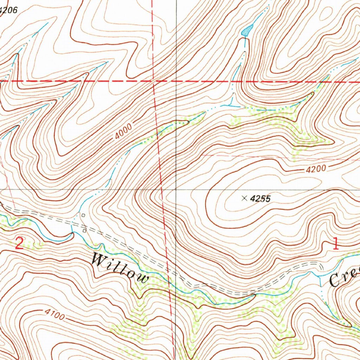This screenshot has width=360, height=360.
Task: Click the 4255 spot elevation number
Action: pyautogui.click(x=261, y=199)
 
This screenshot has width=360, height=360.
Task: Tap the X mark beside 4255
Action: pyautogui.click(x=244, y=199)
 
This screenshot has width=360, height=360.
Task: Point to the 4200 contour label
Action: pyautogui.click(x=316, y=169)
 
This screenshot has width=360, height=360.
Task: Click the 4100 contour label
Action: pyautogui.click(x=54, y=314)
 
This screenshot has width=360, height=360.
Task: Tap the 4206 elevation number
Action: pyautogui.click(x=8, y=10)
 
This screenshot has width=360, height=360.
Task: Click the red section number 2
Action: pyautogui.click(x=19, y=243)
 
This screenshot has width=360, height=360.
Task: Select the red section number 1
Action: pyautogui.click(x=335, y=243)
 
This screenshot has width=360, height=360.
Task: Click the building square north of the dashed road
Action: pyautogui.click(x=83, y=215)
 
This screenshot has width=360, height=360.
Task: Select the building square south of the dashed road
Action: pyautogui.click(x=85, y=231)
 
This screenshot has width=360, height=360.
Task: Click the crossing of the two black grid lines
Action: pyautogui.click(x=176, y=189)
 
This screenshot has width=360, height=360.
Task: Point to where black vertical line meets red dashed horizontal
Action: pyautogui.click(x=176, y=81)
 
